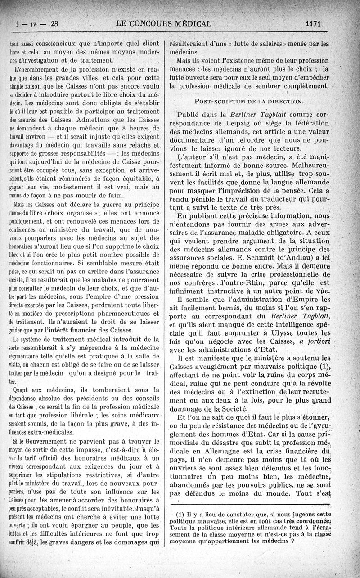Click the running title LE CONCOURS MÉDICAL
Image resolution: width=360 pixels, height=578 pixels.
(x=163, y=23)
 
